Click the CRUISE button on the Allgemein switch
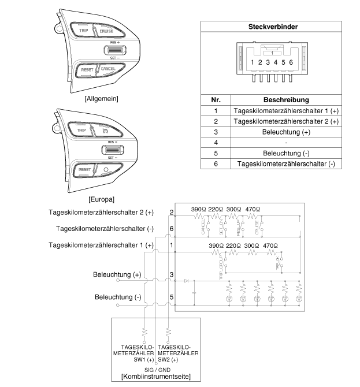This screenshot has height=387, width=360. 106,31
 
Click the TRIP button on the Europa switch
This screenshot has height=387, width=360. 81,131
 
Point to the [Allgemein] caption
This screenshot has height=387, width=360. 101,99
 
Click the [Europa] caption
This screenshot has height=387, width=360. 102,199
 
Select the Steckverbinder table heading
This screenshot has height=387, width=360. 272,27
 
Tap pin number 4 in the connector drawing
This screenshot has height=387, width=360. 276,62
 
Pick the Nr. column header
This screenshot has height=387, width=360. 215,99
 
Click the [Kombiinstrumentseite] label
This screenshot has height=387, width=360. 155,377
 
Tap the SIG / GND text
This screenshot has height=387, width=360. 156,369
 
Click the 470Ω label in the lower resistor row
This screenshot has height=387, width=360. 270,245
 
